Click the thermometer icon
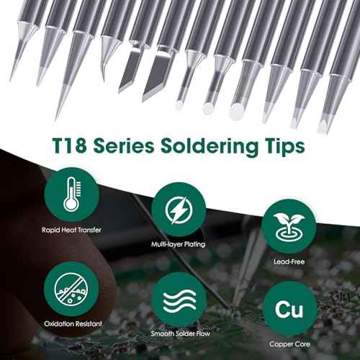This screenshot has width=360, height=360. click(x=71, y=194)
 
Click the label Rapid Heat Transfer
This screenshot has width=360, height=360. click(x=71, y=232)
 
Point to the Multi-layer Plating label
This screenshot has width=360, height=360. click(x=177, y=246)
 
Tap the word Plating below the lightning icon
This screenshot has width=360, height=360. click(x=192, y=246)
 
